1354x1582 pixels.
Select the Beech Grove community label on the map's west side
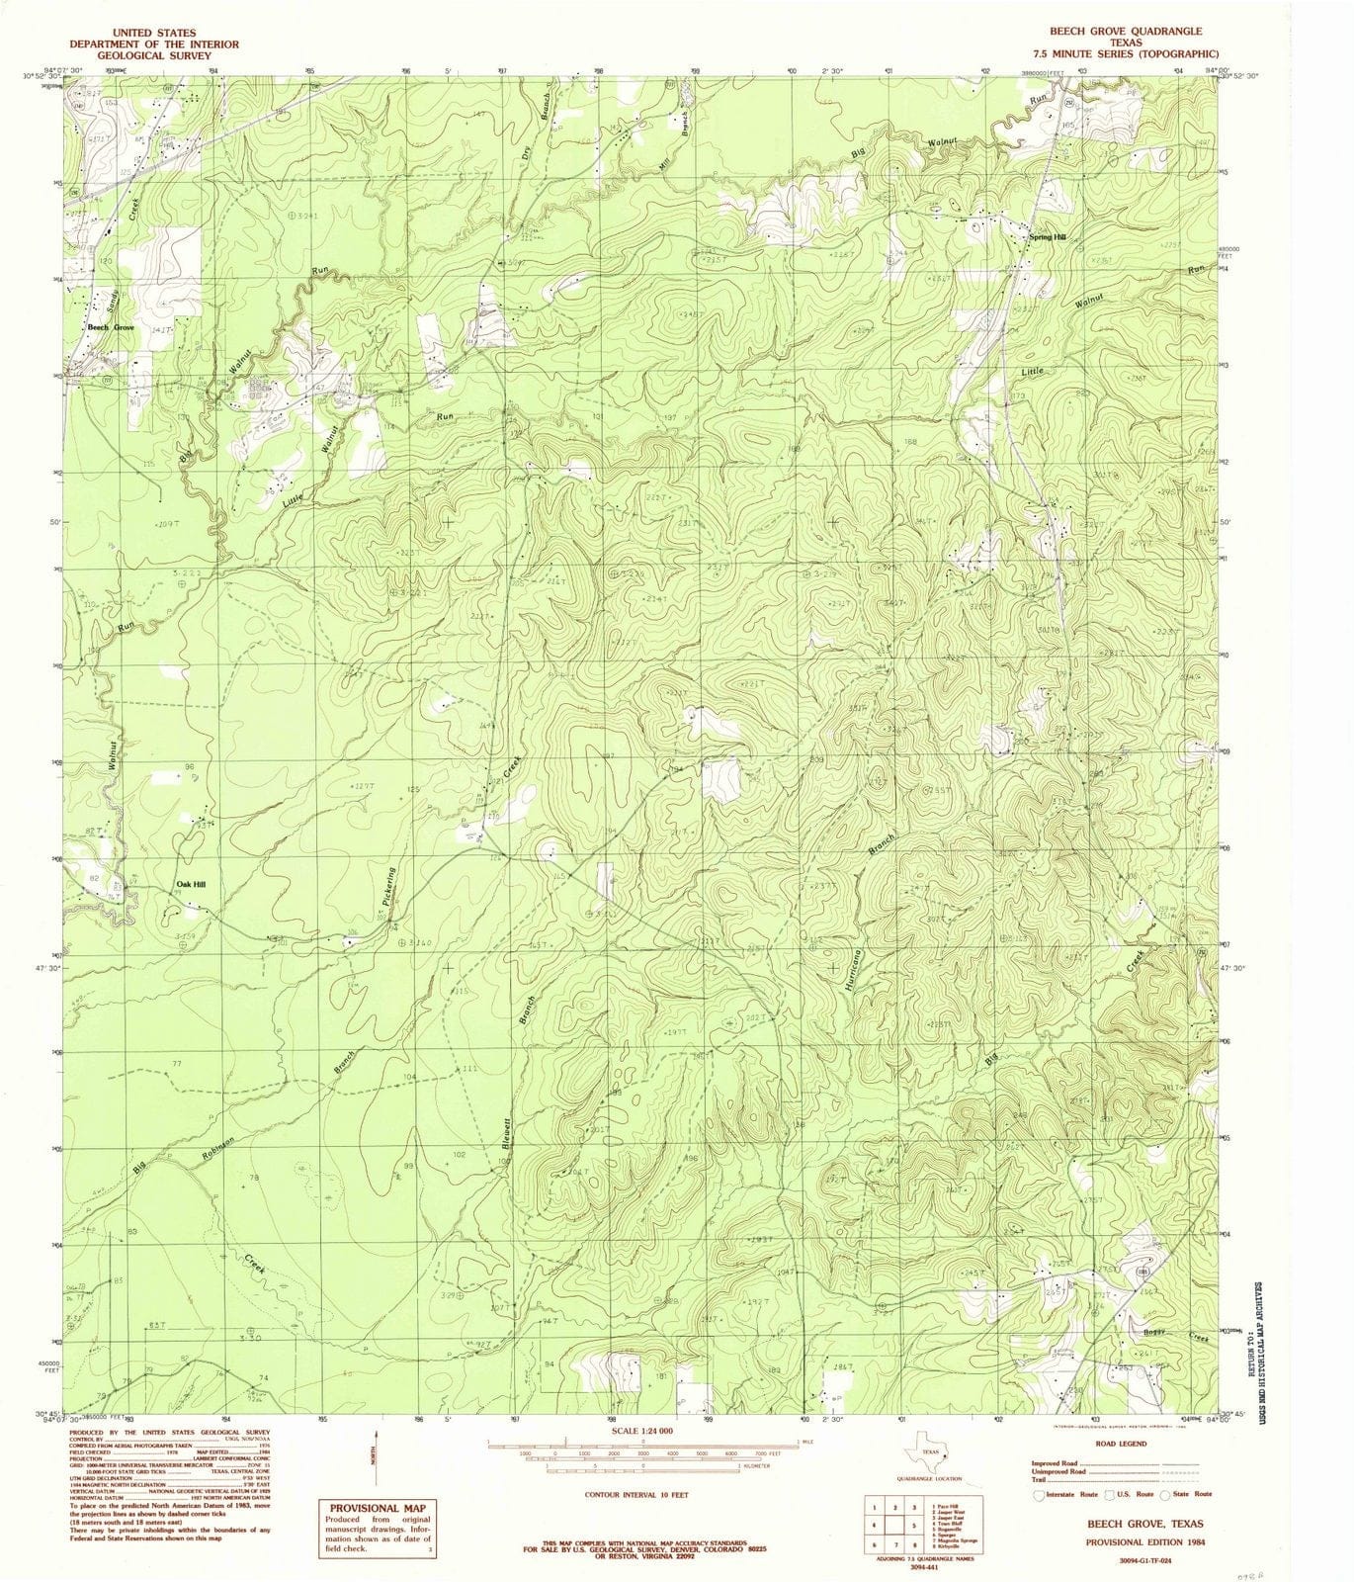click(x=110, y=327)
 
